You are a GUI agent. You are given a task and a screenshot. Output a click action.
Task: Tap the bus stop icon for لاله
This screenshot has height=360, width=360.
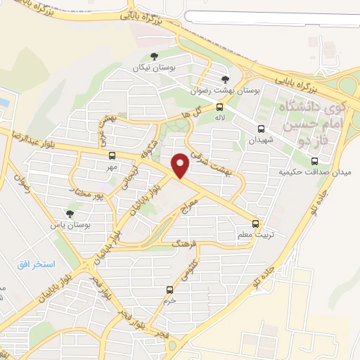point(220,107)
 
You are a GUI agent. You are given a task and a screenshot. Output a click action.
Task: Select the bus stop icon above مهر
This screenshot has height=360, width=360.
point(112,155)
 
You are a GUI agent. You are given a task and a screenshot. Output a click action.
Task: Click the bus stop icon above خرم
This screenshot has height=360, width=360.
point(169,290)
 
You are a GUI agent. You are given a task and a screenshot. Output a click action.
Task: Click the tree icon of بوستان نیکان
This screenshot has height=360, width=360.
point(154,57)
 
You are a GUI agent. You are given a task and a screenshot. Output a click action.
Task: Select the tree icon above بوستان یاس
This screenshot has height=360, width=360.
point(69,213)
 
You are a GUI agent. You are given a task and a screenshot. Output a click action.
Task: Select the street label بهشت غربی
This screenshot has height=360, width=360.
point(107,127)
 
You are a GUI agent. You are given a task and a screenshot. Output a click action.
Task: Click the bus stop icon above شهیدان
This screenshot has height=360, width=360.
point(262,129)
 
